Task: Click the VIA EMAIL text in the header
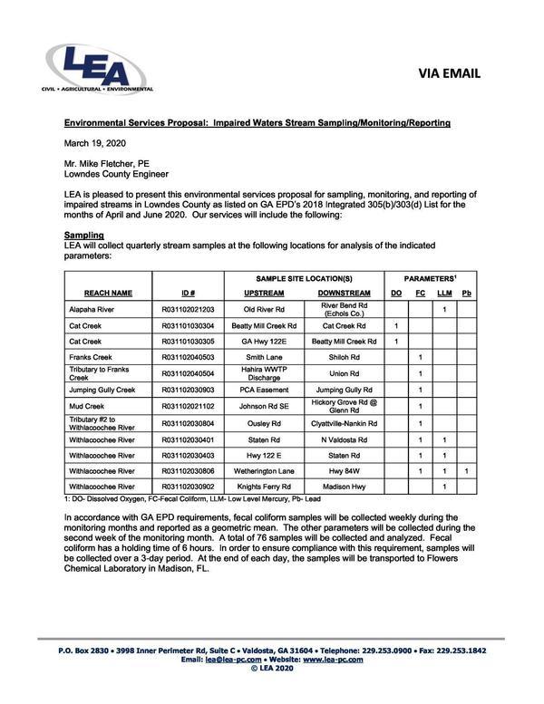pyautogui.click(x=450, y=72)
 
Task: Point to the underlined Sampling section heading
pyautogui.click(x=84, y=234)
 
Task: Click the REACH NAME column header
pyautogui.click(x=108, y=293)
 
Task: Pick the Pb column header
pyautogui.click(x=466, y=293)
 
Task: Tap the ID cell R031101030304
pyautogui.click(x=188, y=325)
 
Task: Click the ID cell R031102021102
pyautogui.click(x=188, y=407)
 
